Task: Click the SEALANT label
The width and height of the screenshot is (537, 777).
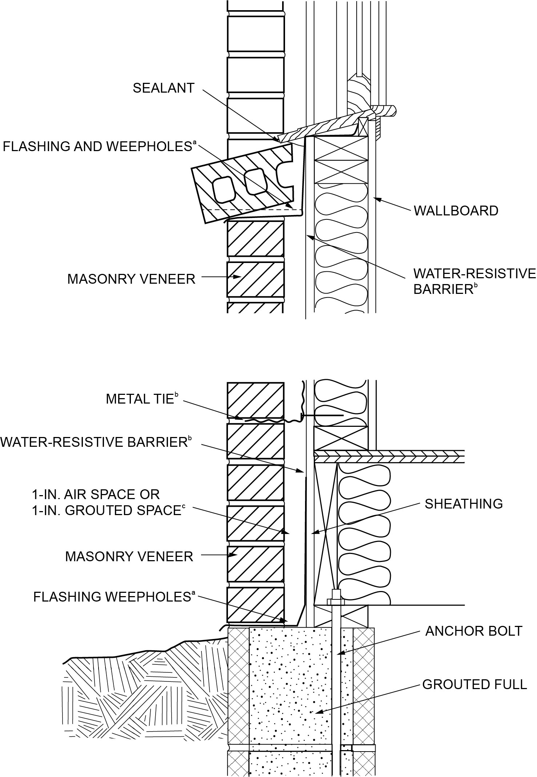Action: coord(164,88)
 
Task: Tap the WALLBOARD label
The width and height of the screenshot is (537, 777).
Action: coord(456,211)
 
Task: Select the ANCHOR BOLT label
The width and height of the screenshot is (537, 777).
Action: coord(473,631)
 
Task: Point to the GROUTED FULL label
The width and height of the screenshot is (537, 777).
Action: coord(474,684)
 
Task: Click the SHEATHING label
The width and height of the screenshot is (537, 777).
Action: coord(464,504)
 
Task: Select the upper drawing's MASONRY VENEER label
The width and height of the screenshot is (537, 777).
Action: coord(131,279)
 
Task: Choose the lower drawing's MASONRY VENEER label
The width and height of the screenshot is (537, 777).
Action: coord(129,557)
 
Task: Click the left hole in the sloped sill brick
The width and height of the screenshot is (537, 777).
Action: coord(223,189)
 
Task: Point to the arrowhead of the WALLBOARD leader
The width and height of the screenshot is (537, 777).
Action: coord(377,198)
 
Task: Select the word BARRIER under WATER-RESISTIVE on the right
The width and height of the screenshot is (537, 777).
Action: coord(443,290)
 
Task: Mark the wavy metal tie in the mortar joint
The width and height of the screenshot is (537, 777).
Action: coord(271,421)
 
